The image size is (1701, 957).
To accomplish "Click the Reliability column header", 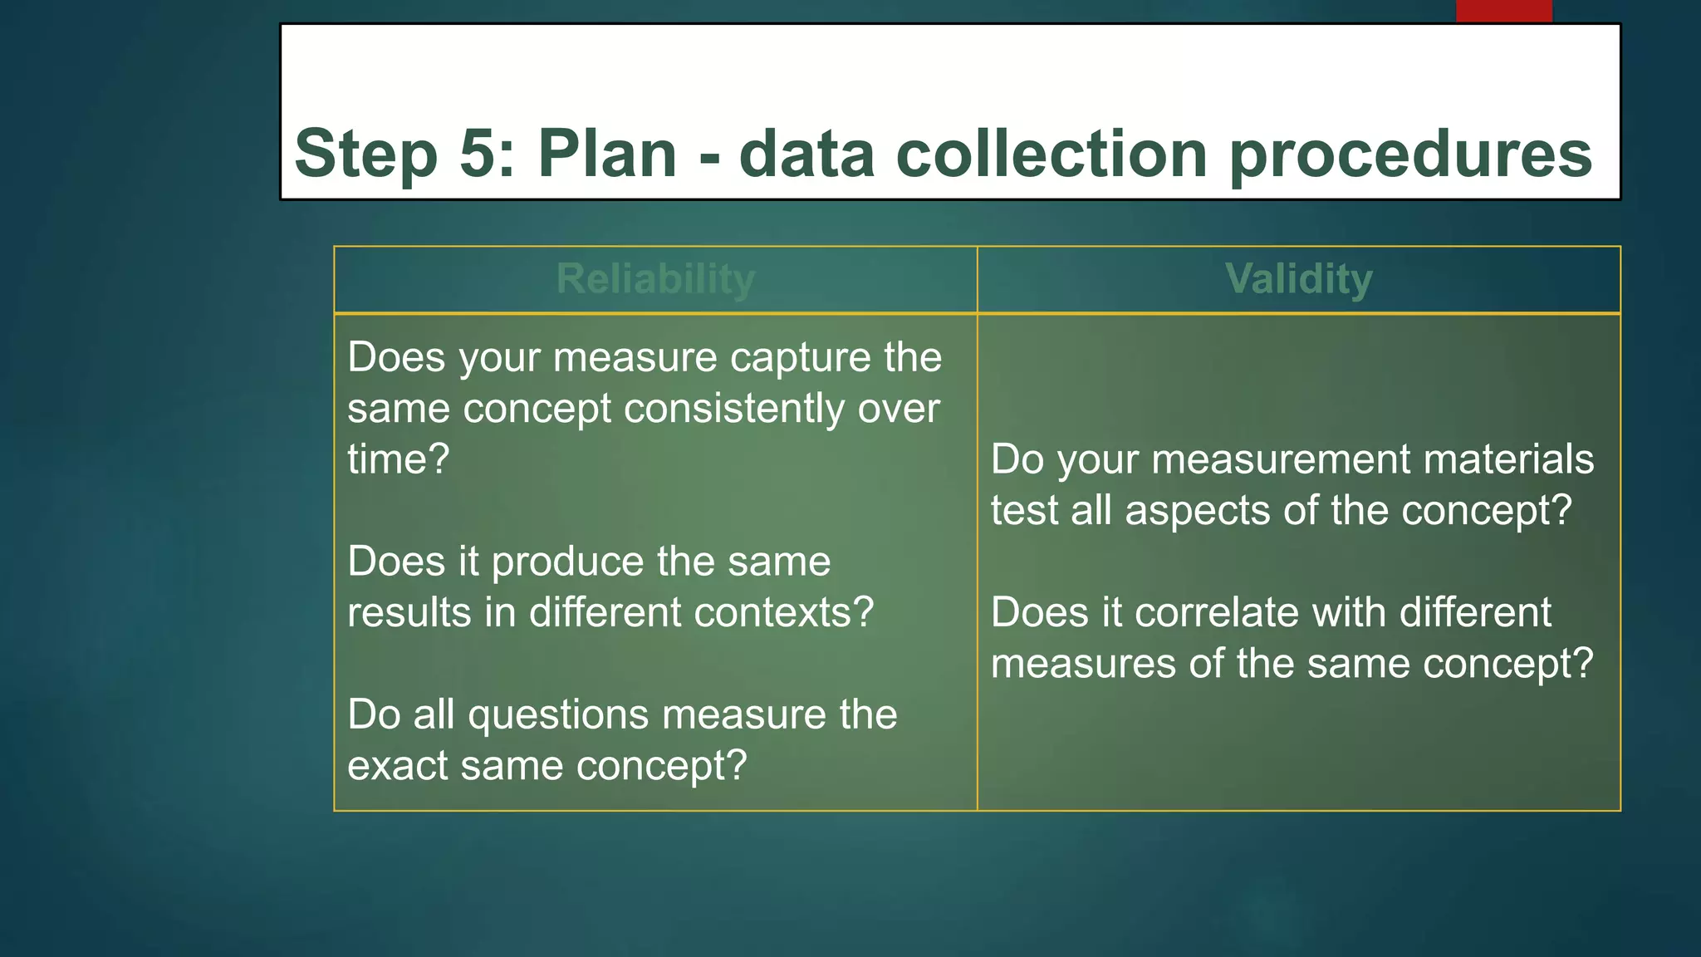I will tap(655, 279).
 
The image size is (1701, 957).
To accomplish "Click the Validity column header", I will tap(1298, 279).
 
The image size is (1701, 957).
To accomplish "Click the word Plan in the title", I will tap(607, 154).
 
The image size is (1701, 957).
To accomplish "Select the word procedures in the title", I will tap(1409, 155).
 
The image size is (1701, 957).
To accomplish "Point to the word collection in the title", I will tap(1051, 154).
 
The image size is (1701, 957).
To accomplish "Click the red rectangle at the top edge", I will tap(1503, 11).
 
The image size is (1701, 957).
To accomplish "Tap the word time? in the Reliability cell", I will tap(398, 459).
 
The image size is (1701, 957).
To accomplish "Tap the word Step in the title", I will tap(365, 155).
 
